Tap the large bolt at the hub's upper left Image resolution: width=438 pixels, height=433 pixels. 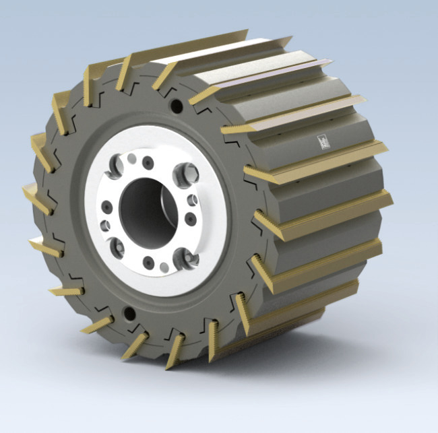(x=116, y=163)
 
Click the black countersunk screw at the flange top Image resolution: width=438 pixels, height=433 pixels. (x=148, y=163)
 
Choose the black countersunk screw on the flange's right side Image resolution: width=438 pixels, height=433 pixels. (x=191, y=218)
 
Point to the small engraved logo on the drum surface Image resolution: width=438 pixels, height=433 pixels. (x=323, y=141)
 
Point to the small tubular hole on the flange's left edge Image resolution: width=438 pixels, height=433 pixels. (x=106, y=225)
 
